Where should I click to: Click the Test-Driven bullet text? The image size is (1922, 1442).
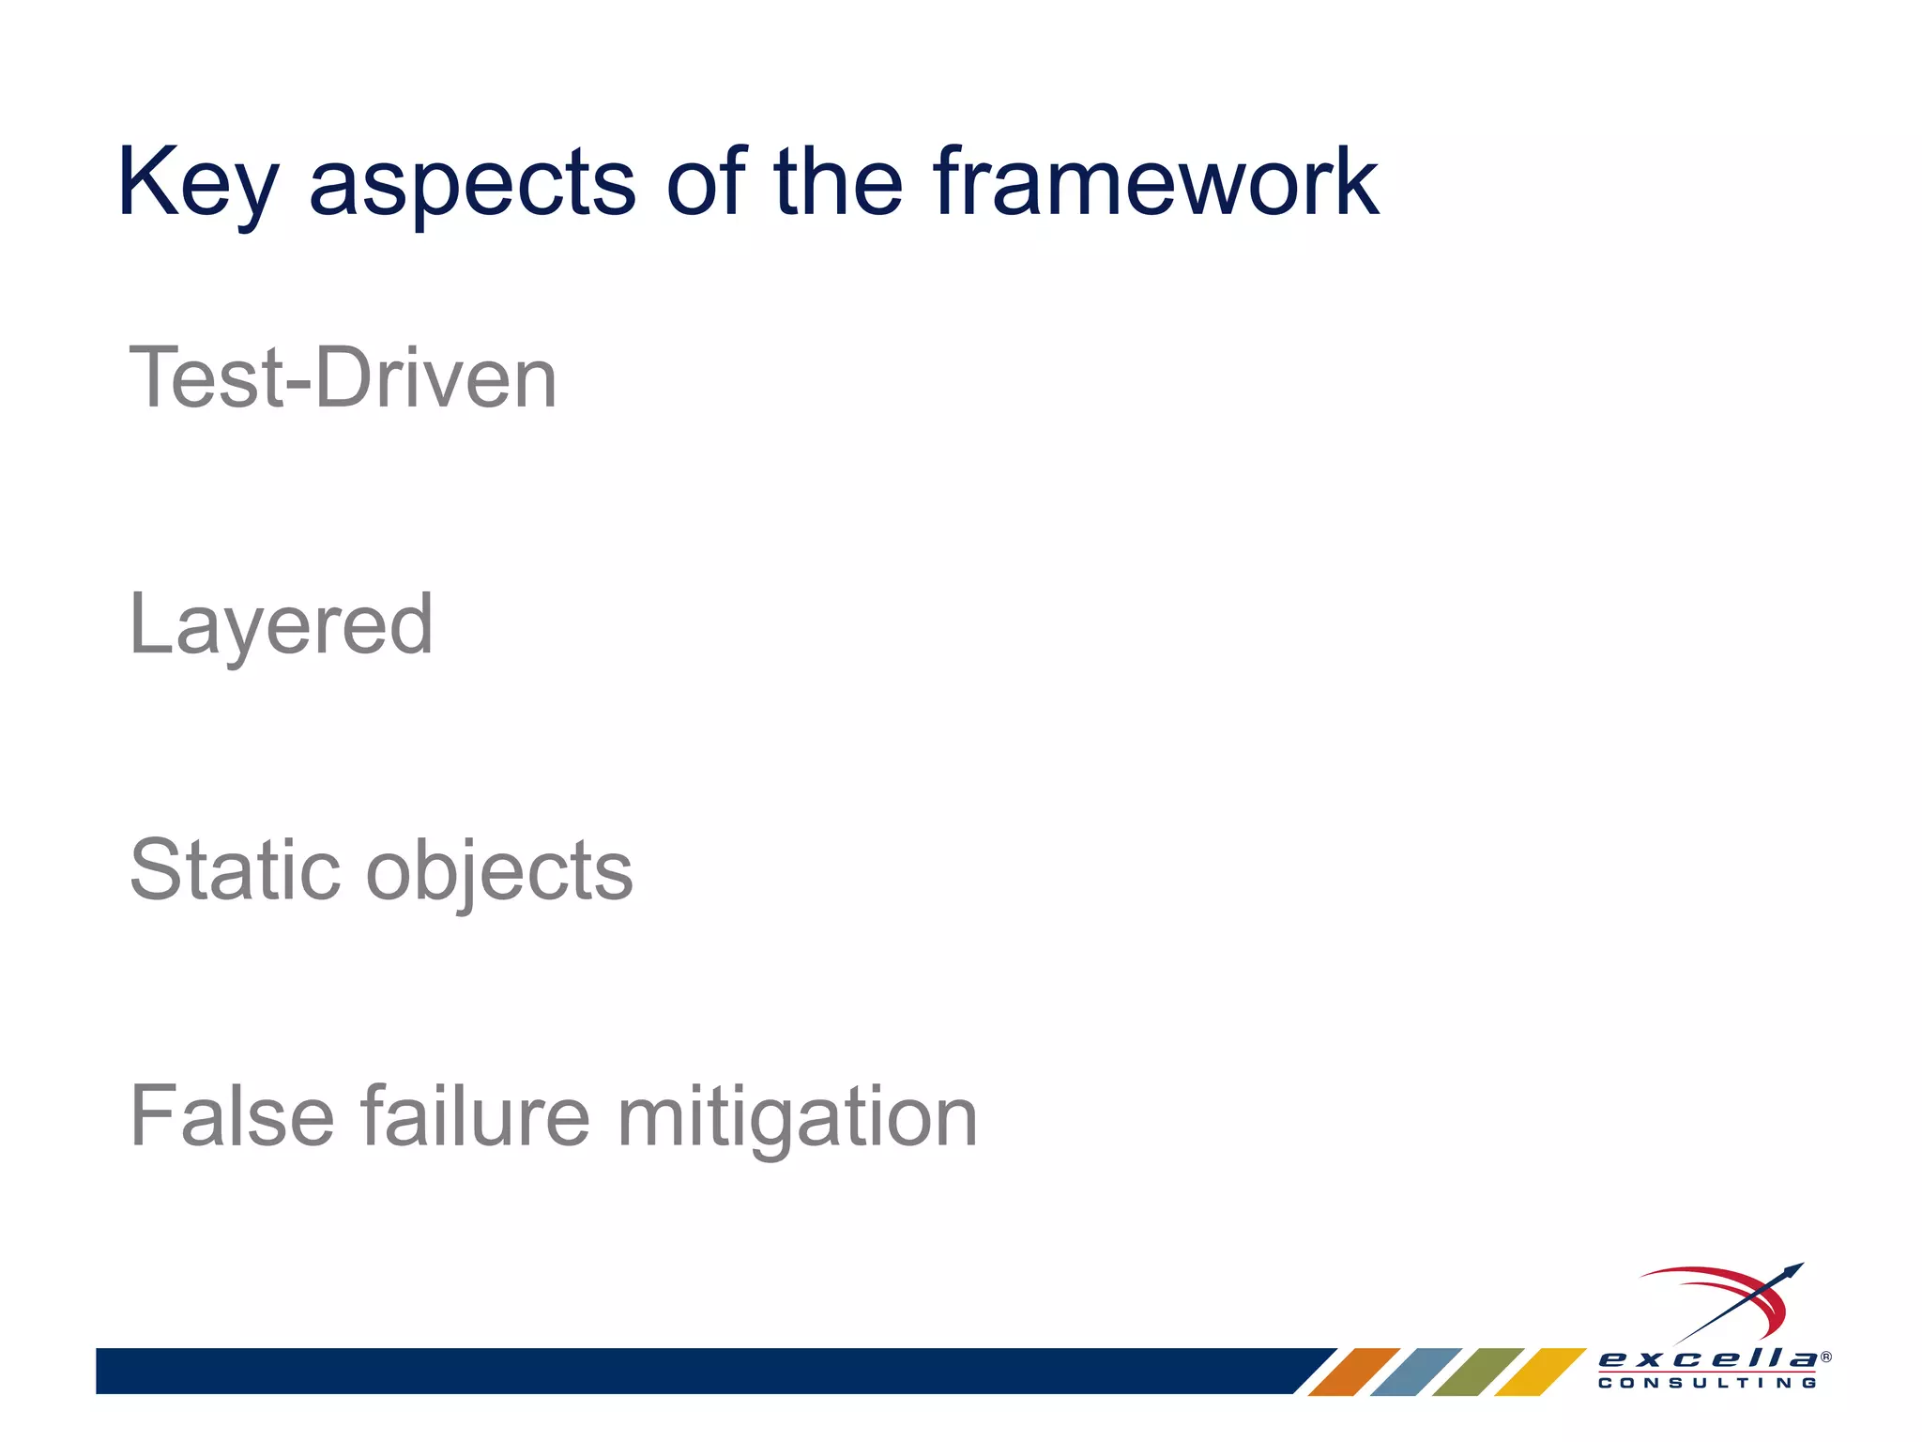343,378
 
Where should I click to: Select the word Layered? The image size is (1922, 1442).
281,626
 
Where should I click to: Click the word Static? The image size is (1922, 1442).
235,870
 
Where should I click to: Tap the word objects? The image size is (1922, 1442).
499,873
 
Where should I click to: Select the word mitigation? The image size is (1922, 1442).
797,1118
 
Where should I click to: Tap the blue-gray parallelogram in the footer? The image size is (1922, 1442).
1415,1372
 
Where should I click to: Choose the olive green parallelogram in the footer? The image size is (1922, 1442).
1477,1372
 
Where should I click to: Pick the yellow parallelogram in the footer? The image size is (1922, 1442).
1539,1372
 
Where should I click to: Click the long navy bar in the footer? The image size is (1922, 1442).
694,1371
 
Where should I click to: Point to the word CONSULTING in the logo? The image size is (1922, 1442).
1707,1383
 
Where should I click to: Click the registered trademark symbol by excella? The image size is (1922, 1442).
1825,1357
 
